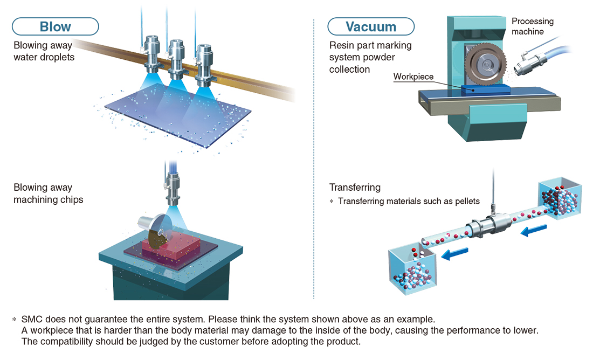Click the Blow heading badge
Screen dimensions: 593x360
click(55, 26)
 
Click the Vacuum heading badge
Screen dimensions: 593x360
click(371, 26)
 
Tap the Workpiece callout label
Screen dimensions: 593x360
click(413, 77)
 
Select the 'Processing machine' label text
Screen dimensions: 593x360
click(533, 26)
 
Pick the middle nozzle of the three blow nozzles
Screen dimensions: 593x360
click(176, 59)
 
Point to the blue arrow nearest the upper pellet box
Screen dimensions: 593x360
click(534, 230)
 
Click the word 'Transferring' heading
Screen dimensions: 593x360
click(355, 187)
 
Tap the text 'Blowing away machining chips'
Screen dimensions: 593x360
click(49, 193)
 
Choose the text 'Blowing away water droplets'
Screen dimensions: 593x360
click(44, 51)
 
